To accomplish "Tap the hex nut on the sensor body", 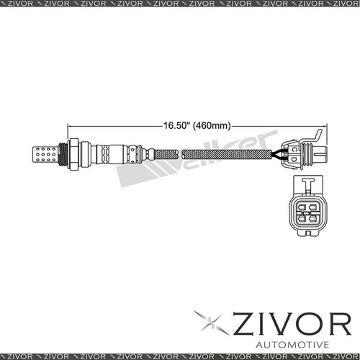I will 73,153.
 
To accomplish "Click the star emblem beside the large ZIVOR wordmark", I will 211,322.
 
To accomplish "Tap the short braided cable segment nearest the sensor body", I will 165,153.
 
